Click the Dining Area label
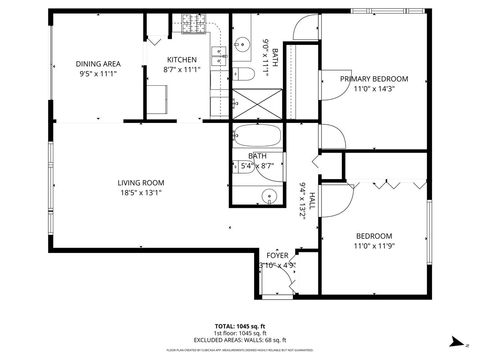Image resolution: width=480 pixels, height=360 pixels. (x=98, y=63)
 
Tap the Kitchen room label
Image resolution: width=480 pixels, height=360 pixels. (x=182, y=60)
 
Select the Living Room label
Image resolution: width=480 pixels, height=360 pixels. (x=140, y=182)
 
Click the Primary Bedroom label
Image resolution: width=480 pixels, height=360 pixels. (x=374, y=79)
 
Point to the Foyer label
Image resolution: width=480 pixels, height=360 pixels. (x=277, y=256)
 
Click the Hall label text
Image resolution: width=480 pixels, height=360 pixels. (x=312, y=200)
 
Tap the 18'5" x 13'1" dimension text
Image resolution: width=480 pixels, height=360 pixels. (x=140, y=193)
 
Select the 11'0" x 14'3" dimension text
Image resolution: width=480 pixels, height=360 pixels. (x=374, y=90)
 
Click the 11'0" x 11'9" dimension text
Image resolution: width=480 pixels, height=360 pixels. (x=374, y=245)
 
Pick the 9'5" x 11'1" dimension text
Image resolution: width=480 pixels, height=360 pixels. (x=98, y=73)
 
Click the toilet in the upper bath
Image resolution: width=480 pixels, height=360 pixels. (x=243, y=76)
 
